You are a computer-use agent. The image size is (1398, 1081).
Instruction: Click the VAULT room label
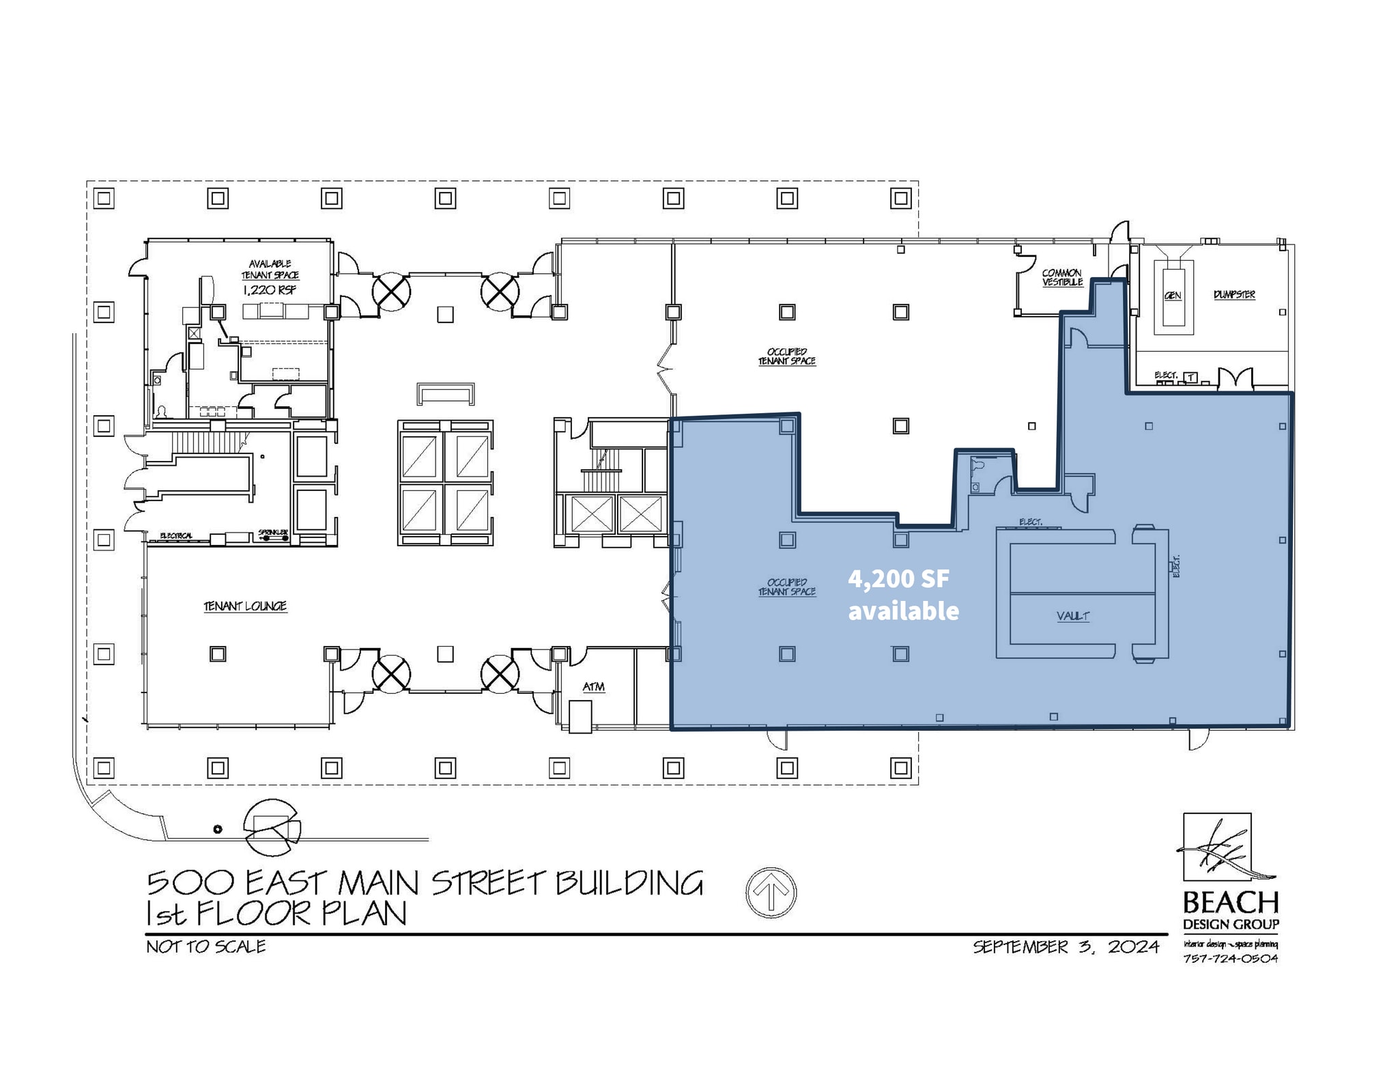click(x=1072, y=616)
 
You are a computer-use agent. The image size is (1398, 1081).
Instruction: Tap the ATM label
click(x=593, y=686)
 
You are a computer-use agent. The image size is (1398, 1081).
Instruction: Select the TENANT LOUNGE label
click(x=245, y=606)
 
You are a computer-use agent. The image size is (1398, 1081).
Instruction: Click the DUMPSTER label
click(x=1234, y=294)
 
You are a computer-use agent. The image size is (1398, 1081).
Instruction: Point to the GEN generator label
click(x=1173, y=296)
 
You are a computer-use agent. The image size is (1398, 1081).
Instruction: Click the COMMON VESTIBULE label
click(x=1062, y=277)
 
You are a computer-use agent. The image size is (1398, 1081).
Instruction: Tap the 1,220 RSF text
click(x=270, y=290)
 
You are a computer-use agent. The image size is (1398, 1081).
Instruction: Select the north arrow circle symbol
click(x=771, y=892)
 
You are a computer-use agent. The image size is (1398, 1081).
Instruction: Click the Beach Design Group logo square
click(x=1216, y=847)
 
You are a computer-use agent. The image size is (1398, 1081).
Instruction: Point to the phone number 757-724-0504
click(x=1230, y=958)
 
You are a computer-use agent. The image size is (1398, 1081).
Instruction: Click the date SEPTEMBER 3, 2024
click(x=1066, y=946)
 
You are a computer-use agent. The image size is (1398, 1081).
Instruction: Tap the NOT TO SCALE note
click(x=206, y=946)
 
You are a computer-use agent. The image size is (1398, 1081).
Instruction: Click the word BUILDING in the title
click(x=629, y=883)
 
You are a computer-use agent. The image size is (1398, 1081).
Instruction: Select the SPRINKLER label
click(x=273, y=532)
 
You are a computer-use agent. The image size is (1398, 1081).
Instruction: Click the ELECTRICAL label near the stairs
click(x=176, y=535)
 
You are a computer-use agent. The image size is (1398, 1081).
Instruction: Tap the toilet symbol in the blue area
click(x=978, y=465)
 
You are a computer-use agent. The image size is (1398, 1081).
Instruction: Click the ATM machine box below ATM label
click(x=580, y=717)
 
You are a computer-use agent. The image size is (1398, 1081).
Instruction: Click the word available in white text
click(x=903, y=610)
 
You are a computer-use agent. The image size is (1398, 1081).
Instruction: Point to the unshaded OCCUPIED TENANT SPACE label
click(x=786, y=356)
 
